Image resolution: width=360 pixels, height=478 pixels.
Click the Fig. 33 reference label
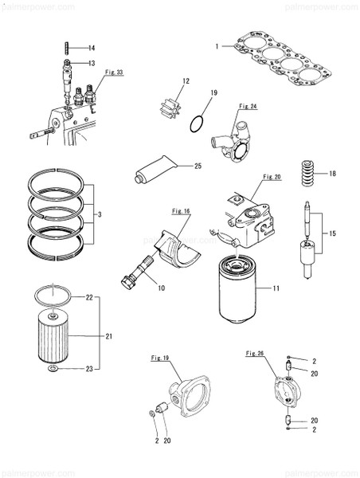115,72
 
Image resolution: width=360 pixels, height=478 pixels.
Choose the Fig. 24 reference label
248,104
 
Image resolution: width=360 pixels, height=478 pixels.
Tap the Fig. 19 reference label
160,358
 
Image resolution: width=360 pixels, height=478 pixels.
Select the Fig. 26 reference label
256,352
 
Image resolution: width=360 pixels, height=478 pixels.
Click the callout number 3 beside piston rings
99,215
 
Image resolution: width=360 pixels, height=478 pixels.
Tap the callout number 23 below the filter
90,368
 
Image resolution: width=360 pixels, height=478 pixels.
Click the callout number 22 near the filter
90,297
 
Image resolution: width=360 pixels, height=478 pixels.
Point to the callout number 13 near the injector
92,63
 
